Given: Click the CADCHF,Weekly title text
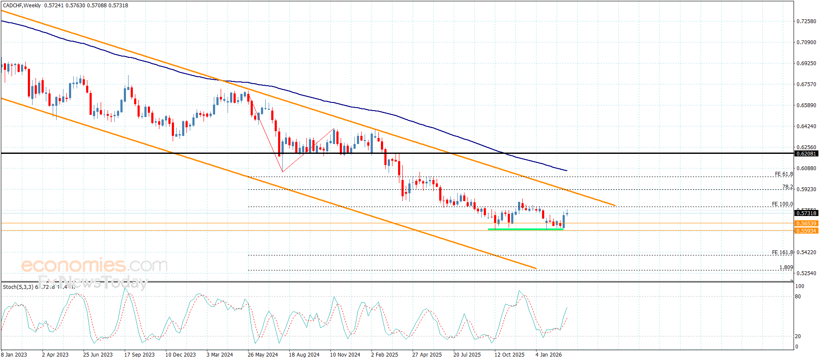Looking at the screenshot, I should tap(22, 6).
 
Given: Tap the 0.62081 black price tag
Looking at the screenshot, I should tap(806, 153).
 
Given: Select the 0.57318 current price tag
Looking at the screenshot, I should tap(806, 213).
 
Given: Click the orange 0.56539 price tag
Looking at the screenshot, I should tap(806, 223).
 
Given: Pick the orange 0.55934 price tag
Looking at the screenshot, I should tap(806, 231).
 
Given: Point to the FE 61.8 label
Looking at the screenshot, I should tap(784, 174).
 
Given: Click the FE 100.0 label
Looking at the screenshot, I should tap(782, 204).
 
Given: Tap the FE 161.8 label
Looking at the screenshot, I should tap(782, 252).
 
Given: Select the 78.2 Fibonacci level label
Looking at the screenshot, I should tap(787, 187).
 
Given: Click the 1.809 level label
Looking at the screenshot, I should tap(786, 267).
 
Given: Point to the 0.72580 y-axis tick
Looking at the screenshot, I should tap(806, 21).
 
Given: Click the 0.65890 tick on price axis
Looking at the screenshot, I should tap(806, 105).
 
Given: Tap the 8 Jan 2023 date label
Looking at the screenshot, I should tap(14, 354).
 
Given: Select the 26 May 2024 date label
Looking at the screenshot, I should tap(263, 354).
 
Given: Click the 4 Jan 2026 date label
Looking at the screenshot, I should tap(548, 354).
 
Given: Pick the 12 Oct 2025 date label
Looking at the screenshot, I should tap(509, 354).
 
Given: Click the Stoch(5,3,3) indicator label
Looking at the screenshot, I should tap(18, 287).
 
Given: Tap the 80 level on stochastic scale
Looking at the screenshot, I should tap(797, 296).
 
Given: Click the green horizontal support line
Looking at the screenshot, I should tap(525, 229).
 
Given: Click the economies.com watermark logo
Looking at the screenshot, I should tap(94, 265).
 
